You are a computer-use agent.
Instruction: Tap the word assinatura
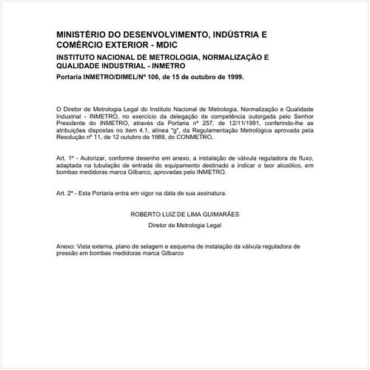191,192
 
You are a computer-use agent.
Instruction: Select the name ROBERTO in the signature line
145,213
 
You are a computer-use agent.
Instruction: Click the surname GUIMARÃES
218,213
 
